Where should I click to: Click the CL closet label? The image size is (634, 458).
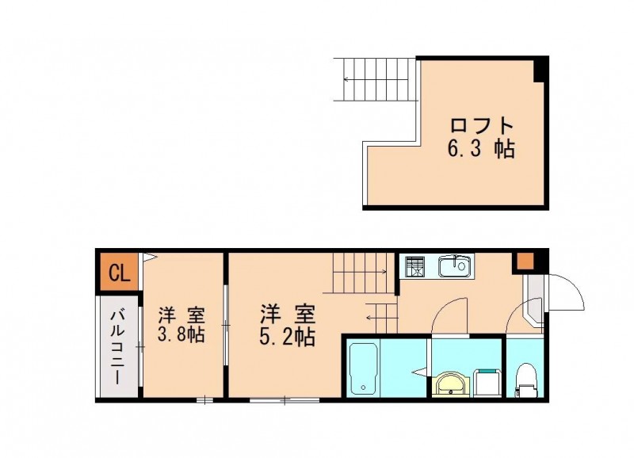coord(120,273)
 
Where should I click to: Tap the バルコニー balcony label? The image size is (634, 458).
coord(118,346)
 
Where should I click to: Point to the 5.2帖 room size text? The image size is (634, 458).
coord(287,336)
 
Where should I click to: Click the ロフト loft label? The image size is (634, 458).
coord(482,126)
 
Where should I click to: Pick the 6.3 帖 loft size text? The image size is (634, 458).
coord(481,149)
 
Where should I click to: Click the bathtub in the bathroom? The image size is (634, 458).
coord(364,368)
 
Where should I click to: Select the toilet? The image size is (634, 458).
coord(525,380)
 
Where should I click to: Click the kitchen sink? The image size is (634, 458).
coord(456,266)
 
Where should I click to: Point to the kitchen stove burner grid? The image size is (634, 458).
coord(414,266)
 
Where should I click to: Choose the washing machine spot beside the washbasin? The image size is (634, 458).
coord(487,383)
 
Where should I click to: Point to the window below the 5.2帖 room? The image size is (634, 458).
coord(285,400)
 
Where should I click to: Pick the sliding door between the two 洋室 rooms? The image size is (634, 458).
coord(226,325)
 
